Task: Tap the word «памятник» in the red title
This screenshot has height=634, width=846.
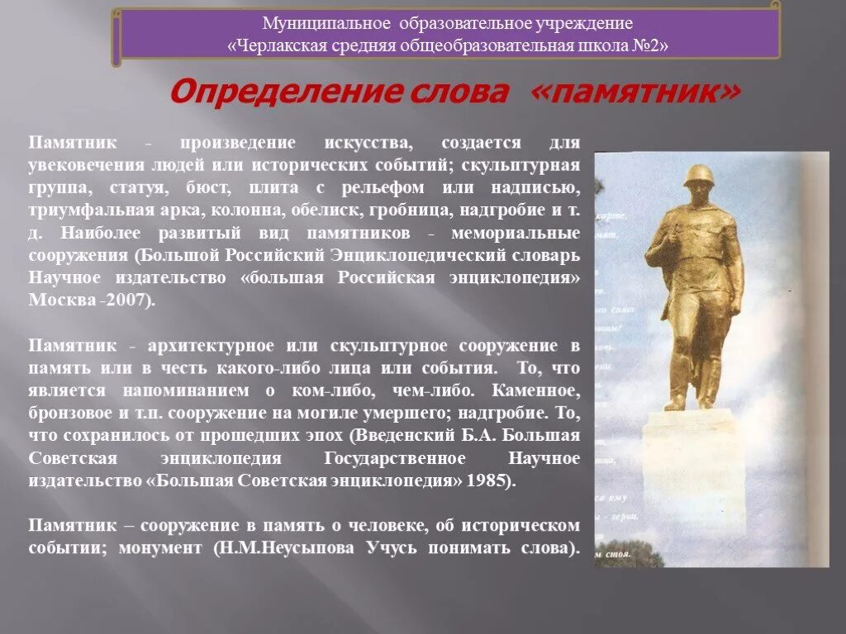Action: pyautogui.click(x=635, y=92)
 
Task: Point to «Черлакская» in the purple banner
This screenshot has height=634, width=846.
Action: pyautogui.click(x=278, y=45)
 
